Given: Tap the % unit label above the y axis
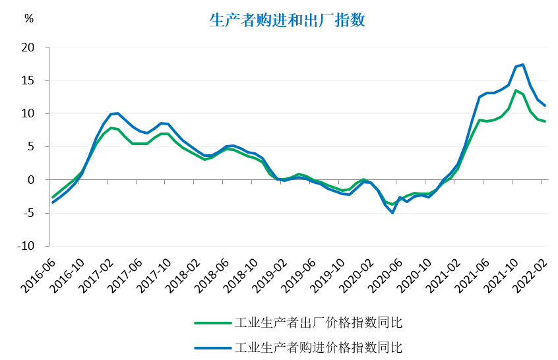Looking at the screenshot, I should (x=28, y=18).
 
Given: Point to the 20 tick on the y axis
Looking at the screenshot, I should (x=28, y=47).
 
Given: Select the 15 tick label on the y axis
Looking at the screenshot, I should (x=28, y=80).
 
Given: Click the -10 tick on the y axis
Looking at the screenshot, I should (x=25, y=246).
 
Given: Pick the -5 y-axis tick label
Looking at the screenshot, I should (x=27, y=213).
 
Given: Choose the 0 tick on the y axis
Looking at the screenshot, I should (x=30, y=180).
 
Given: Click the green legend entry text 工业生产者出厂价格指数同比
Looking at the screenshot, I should (x=319, y=323).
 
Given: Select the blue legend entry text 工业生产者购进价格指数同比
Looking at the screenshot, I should (x=319, y=347).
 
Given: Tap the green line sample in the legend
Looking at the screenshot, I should (x=213, y=323).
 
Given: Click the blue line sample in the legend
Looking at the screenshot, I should (x=213, y=347).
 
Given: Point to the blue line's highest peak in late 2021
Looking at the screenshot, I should (x=523, y=65).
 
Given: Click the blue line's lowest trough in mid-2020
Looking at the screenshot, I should (x=392, y=212).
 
